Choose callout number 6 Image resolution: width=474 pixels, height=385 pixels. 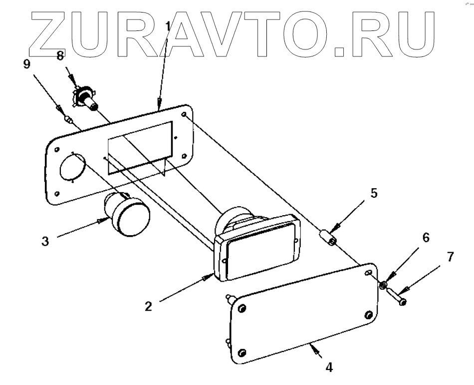[426, 238]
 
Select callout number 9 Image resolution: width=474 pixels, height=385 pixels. [26, 64]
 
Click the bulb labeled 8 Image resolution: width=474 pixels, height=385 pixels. [87, 99]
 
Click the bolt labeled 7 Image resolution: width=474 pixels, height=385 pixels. [397, 298]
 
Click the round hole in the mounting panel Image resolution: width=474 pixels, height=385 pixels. [73, 167]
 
